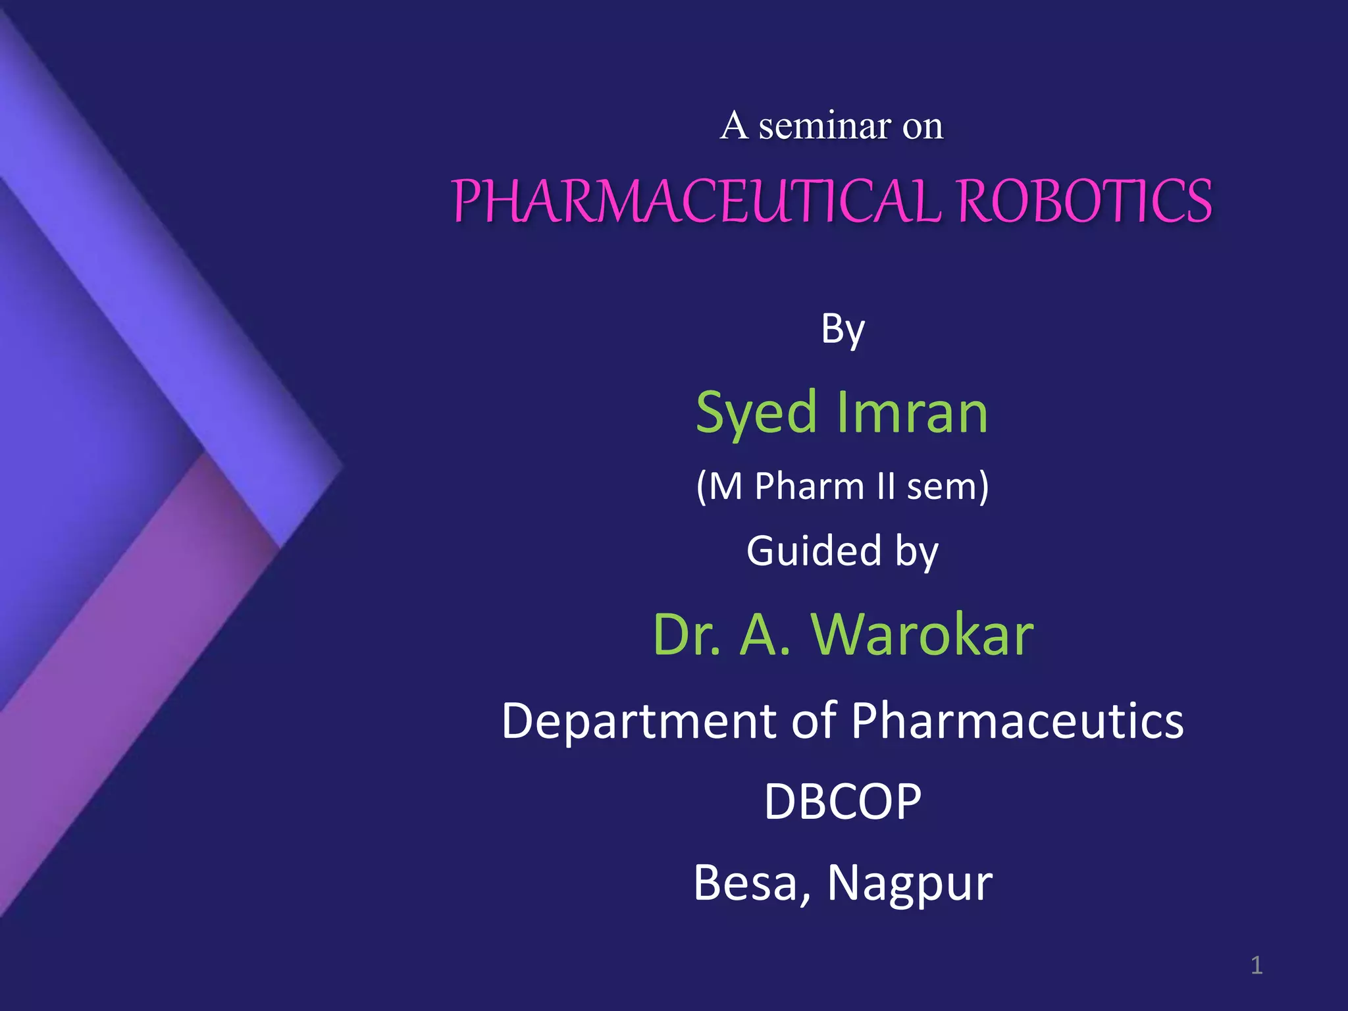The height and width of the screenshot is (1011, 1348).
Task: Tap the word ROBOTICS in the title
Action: pyautogui.click(x=1084, y=201)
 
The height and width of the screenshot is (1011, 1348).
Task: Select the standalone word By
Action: pyautogui.click(x=842, y=329)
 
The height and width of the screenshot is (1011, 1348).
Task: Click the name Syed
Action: pyautogui.click(x=756, y=413)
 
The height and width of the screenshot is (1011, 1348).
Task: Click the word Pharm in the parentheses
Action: pyautogui.click(x=809, y=487)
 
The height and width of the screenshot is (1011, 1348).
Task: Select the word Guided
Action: pyautogui.click(x=814, y=551)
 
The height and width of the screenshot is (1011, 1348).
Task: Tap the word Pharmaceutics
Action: pyautogui.click(x=1017, y=722)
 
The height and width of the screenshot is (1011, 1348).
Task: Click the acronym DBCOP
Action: pyautogui.click(x=842, y=802)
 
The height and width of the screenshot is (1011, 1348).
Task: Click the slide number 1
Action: pyautogui.click(x=1256, y=966)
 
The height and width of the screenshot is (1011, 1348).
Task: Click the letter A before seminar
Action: pyautogui.click(x=734, y=126)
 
